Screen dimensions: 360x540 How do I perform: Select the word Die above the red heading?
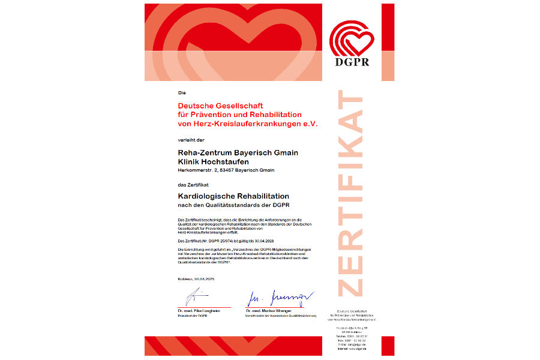coord(182,93)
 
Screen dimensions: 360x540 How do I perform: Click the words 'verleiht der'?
coord(191,139)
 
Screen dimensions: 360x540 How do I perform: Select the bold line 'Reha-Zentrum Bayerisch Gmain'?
coord(238,152)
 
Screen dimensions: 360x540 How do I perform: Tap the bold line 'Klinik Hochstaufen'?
coord(214,161)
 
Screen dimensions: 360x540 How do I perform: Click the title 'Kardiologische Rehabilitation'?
coord(233,196)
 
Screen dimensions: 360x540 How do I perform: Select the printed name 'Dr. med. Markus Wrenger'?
coord(268,311)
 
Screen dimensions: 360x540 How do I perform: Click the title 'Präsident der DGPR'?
coord(193,316)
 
